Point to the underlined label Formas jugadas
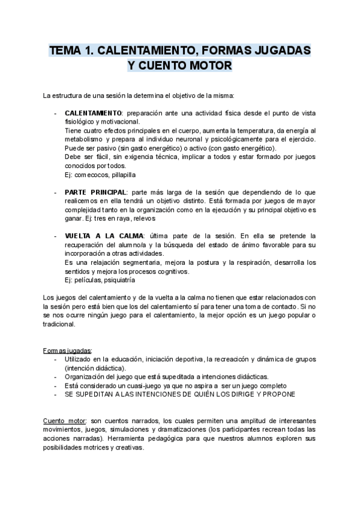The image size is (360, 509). tap(67, 351)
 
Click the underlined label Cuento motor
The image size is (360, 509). tap(63, 421)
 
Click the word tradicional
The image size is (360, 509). tap(59, 324)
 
